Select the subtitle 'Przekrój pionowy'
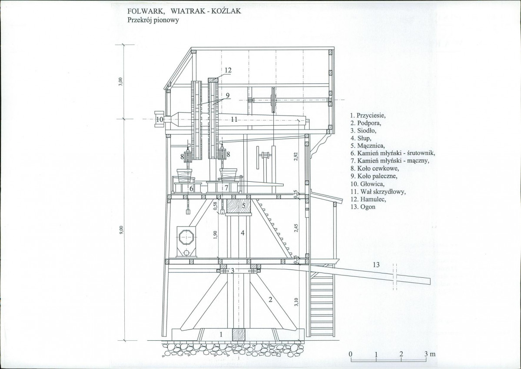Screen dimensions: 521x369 [x=153, y=20]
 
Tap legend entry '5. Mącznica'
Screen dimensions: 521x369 [x=368, y=146]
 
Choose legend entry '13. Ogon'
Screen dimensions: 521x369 [x=363, y=207]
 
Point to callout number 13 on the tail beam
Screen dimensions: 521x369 [x=376, y=265]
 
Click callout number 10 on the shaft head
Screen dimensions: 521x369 [x=159, y=119]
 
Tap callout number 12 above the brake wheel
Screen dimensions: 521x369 [x=228, y=70]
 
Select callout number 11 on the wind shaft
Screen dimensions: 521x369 [x=234, y=120]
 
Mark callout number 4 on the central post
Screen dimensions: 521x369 [x=243, y=233]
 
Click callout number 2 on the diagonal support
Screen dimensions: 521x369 [x=270, y=300]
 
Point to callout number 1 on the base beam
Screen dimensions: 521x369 [x=221, y=335]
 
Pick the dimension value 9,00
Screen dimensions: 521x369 [x=121, y=230]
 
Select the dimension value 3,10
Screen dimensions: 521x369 [x=296, y=302]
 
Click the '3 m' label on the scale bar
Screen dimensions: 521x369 [x=429, y=354]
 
